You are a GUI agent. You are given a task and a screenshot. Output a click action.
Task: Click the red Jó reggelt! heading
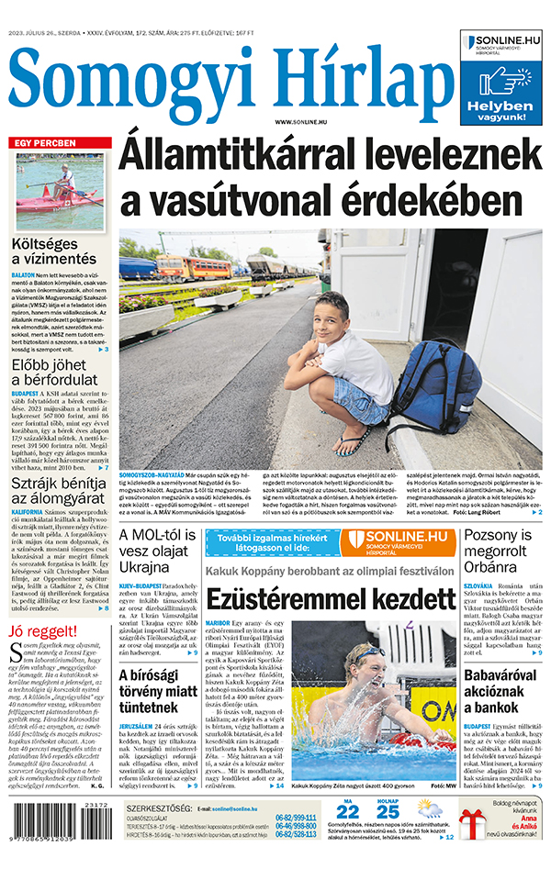pyautogui.click(x=39, y=632)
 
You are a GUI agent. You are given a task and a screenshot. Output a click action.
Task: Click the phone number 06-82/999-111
pyautogui.click(x=296, y=818)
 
